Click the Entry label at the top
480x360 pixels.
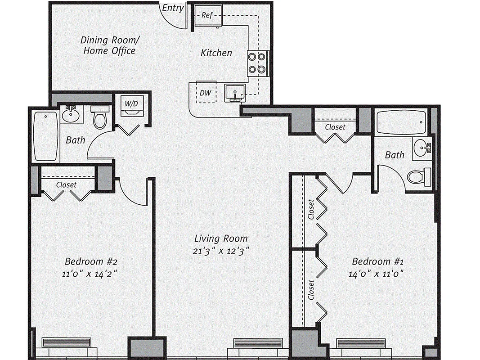pos(172,8)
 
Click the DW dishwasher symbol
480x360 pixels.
pos(206,93)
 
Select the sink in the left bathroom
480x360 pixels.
pos(71,115)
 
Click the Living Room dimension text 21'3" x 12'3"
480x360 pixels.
pos(221,251)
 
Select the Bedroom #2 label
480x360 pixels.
pos(91,261)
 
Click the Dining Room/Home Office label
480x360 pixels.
pos(108,45)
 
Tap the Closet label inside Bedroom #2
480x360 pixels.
pos(66,184)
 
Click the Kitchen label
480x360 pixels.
pos(216,53)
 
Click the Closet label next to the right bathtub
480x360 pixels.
pos(335,127)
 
